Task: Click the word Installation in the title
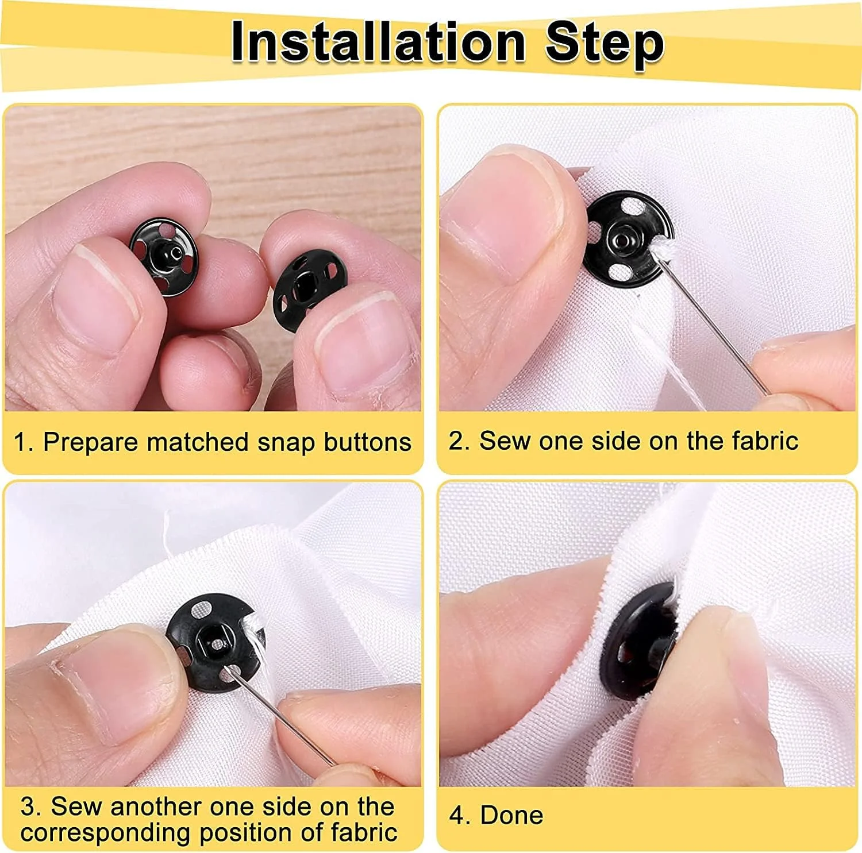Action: [x=378, y=42]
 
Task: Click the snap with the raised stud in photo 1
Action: [x=164, y=256]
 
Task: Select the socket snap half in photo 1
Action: [x=310, y=285]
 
